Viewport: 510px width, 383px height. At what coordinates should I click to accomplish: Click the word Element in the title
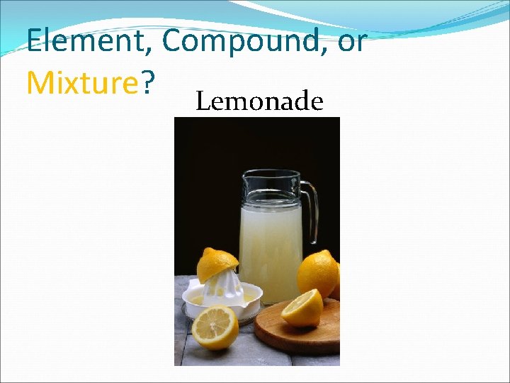84,41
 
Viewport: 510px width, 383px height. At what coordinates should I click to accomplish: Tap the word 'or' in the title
352,43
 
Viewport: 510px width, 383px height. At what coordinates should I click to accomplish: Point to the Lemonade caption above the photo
259,102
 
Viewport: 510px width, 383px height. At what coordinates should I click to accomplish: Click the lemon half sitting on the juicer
216,265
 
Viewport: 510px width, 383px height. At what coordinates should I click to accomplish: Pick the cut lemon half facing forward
215,327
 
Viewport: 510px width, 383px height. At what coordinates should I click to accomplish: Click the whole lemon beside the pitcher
317,273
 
